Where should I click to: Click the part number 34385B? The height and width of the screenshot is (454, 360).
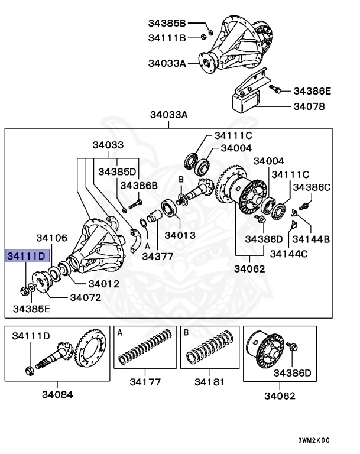tap(167, 24)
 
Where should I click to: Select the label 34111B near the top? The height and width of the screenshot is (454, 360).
tap(167, 38)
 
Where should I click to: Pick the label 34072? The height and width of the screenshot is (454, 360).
tap(86, 297)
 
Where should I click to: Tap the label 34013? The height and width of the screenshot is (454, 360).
tap(180, 235)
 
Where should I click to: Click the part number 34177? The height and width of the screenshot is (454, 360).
tap(145, 382)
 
